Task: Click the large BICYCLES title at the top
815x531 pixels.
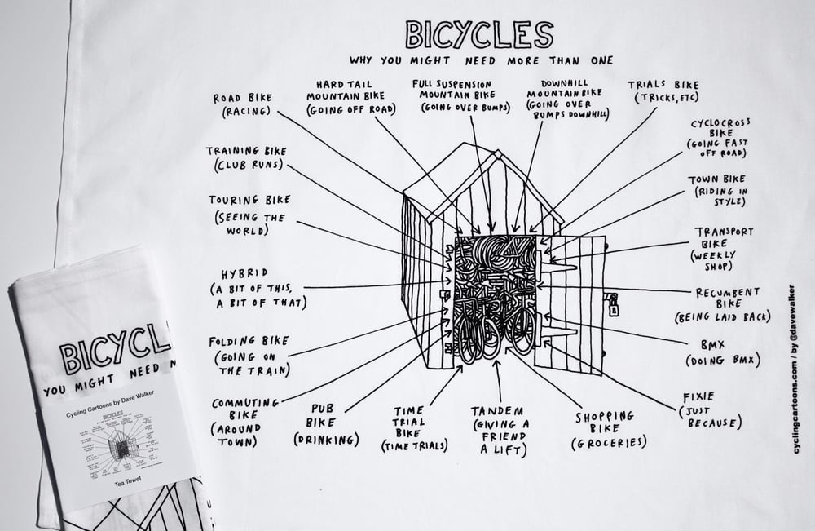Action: coord(478,34)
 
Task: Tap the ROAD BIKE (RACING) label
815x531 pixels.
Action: coord(242,104)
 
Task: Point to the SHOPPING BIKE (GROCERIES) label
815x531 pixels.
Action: coord(609,429)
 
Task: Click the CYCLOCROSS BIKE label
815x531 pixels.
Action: coord(717,138)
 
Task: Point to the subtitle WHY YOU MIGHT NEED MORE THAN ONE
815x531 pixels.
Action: coord(481,60)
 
